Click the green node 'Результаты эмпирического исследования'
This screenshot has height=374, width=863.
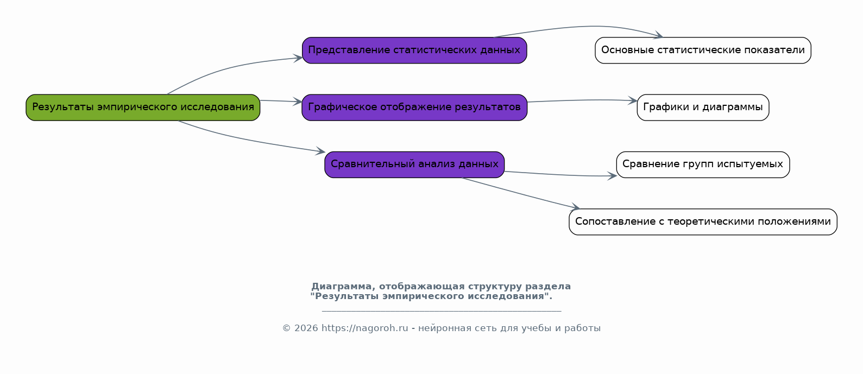pyautogui.click(x=143, y=107)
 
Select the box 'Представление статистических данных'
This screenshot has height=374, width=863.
pyautogui.click(x=414, y=50)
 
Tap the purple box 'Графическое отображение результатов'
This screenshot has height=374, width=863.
pyautogui.click(x=414, y=107)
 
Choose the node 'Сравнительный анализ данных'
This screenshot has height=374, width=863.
pyautogui.click(x=414, y=164)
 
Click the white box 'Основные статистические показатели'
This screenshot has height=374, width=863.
pyautogui.click(x=703, y=50)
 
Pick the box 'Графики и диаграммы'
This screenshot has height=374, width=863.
pyautogui.click(x=703, y=107)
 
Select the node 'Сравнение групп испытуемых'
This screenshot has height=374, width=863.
pyautogui.click(x=703, y=164)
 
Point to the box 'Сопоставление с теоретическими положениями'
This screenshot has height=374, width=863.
pyautogui.click(x=703, y=222)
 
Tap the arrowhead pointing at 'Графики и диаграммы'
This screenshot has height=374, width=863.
pyautogui.click(x=633, y=100)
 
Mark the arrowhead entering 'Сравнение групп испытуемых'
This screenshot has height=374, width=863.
pyautogui.click(x=613, y=176)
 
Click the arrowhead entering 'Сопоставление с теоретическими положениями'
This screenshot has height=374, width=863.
pyautogui.click(x=576, y=207)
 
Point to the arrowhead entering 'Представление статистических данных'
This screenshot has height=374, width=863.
pyautogui.click(x=298, y=58)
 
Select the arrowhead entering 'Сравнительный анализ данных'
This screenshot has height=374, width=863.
pyautogui.click(x=320, y=152)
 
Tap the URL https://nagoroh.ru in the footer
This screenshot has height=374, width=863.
pyautogui.click(x=364, y=328)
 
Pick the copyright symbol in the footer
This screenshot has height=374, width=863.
pyautogui.click(x=286, y=328)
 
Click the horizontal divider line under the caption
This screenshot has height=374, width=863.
pyautogui.click(x=441, y=311)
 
